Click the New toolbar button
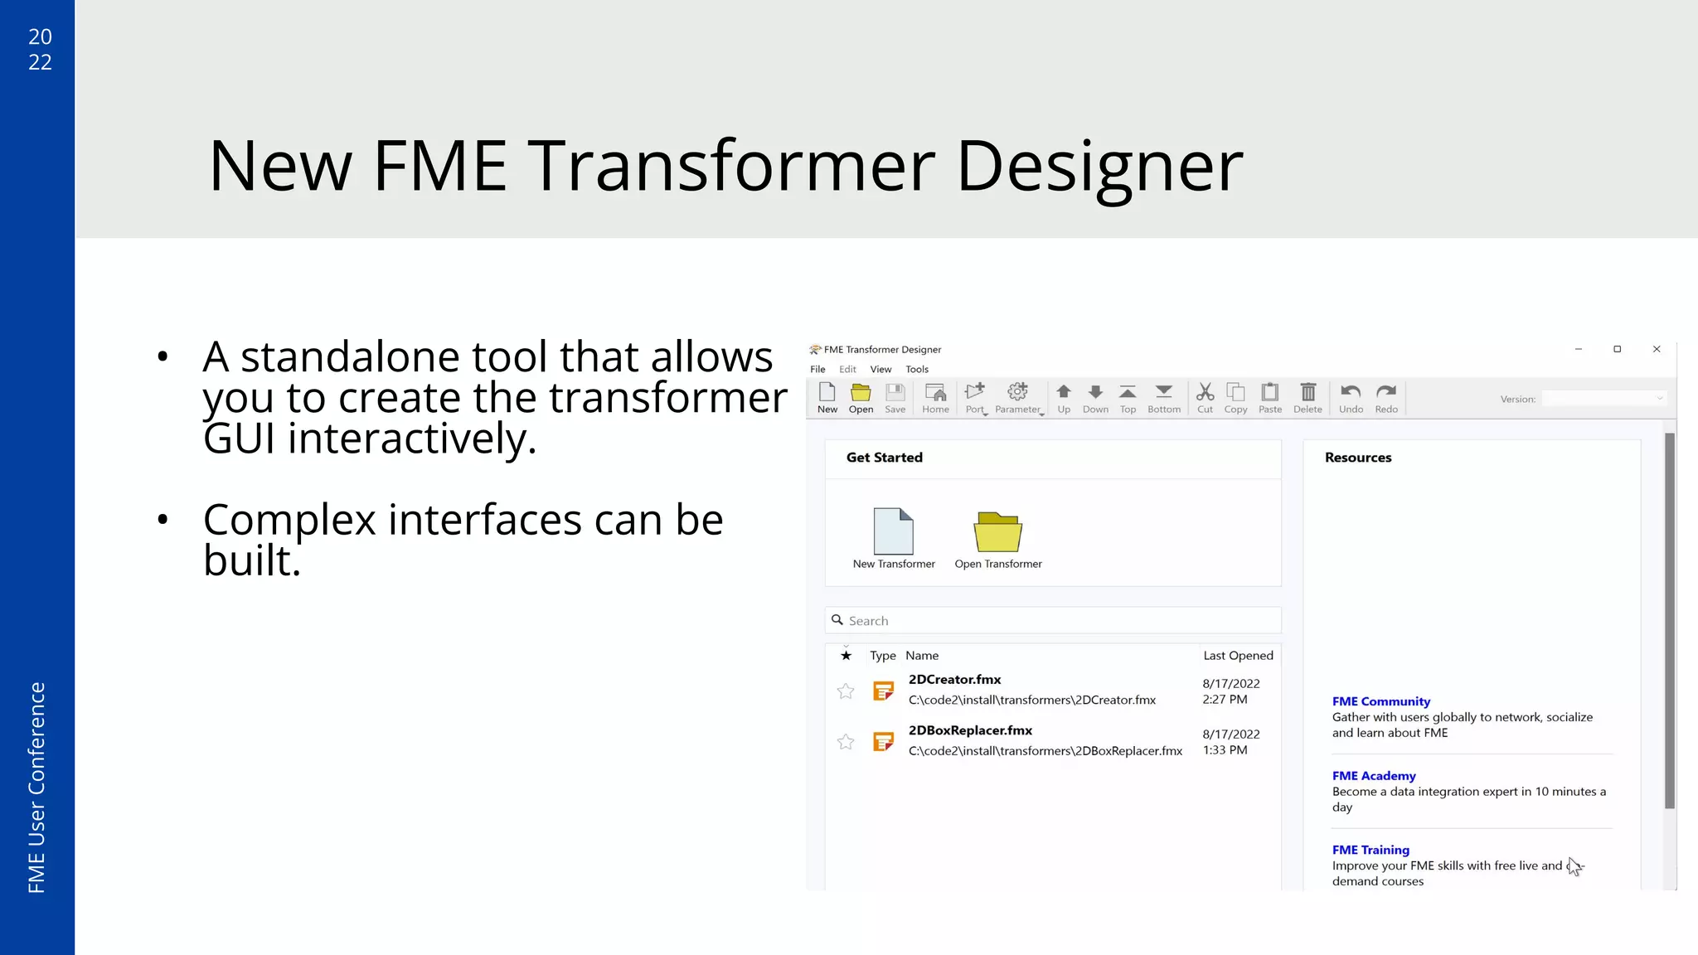pos(827,397)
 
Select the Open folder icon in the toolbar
pos(861,397)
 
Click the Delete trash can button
pos(1307,397)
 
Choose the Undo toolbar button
pos(1351,397)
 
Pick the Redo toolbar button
pos(1386,397)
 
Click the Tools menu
pos(916,370)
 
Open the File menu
pos(817,370)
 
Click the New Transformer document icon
pos(894,531)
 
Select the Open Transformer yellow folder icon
pos(997,531)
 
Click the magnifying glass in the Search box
pos(837,620)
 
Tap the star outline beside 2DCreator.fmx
pos(846,691)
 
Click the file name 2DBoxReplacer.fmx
pos(970,730)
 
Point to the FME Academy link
pos(1374,776)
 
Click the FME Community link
pos(1380,701)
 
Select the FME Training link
pos(1371,850)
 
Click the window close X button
pos(1657,349)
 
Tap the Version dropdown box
pos(1603,399)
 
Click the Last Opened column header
pos(1238,656)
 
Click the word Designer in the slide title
pos(1099,167)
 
